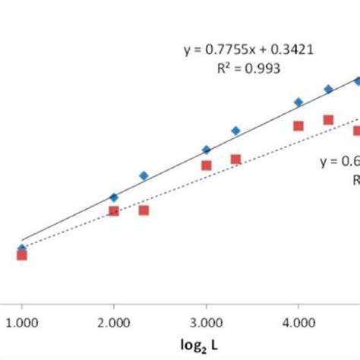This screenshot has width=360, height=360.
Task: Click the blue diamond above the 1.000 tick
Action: [22, 248]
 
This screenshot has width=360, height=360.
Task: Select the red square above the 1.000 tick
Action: [22, 255]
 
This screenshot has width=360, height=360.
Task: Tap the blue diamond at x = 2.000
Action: [114, 197]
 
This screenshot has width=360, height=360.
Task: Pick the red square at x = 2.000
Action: [114, 210]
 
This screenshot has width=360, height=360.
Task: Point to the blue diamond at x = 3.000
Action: [206, 150]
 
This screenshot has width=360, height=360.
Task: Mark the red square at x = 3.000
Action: [206, 165]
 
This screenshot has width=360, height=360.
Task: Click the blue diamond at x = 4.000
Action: [298, 102]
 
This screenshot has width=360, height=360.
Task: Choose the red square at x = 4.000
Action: [298, 126]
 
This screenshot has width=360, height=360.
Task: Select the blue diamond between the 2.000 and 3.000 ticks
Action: [144, 175]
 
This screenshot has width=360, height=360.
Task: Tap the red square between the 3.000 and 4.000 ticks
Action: [235, 159]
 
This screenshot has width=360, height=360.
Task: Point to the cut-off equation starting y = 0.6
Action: [339, 160]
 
